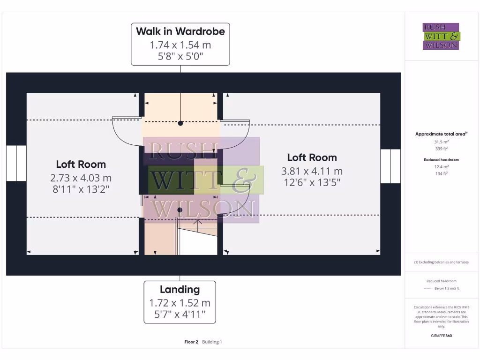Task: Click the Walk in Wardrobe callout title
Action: pos(180,31)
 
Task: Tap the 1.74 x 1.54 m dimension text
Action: pos(180,45)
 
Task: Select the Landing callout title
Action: pos(180,289)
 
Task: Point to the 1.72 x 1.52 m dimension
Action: pos(180,303)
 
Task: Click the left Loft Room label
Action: pos(81,164)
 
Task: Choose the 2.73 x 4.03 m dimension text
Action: pos(81,178)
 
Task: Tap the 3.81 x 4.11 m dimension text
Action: pos(312,171)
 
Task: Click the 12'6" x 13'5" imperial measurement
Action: pos(312,182)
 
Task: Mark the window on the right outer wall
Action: pos(390,166)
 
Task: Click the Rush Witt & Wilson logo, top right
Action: pos(441,36)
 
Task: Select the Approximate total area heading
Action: pos(441,134)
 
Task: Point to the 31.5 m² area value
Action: pos(441,142)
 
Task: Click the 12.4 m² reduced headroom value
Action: pos(441,167)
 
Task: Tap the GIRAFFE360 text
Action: pos(441,336)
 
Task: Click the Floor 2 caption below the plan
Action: pos(192,342)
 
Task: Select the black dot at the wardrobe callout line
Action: pos(180,123)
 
